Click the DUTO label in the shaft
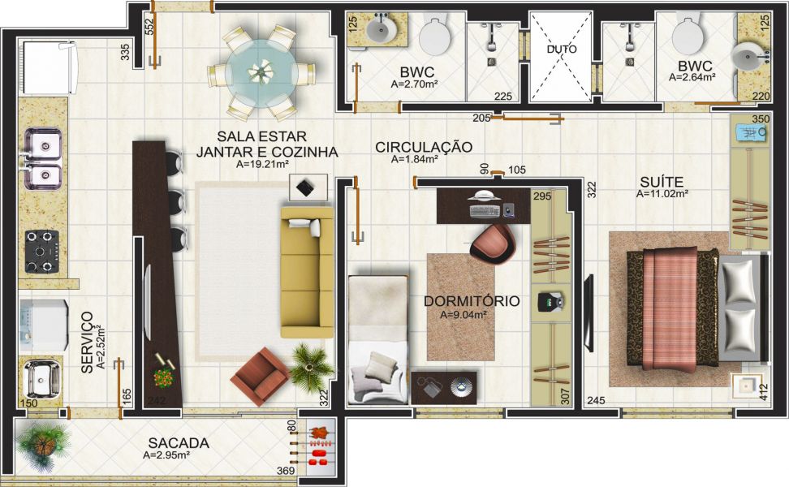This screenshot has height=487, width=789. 562,50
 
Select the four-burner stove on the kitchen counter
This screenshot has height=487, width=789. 42,252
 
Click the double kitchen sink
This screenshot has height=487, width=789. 42,158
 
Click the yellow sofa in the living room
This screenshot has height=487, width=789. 307,272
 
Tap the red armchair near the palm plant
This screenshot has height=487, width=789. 259,376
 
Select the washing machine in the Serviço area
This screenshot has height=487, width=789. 44,325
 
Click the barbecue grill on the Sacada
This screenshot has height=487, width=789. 318,445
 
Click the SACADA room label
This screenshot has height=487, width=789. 179,443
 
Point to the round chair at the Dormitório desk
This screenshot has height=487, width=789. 491,243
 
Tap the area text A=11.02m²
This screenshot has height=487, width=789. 662,194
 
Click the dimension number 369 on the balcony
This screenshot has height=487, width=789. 286,471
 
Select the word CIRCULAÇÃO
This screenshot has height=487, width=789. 424,147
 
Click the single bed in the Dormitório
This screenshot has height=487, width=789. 377,339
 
